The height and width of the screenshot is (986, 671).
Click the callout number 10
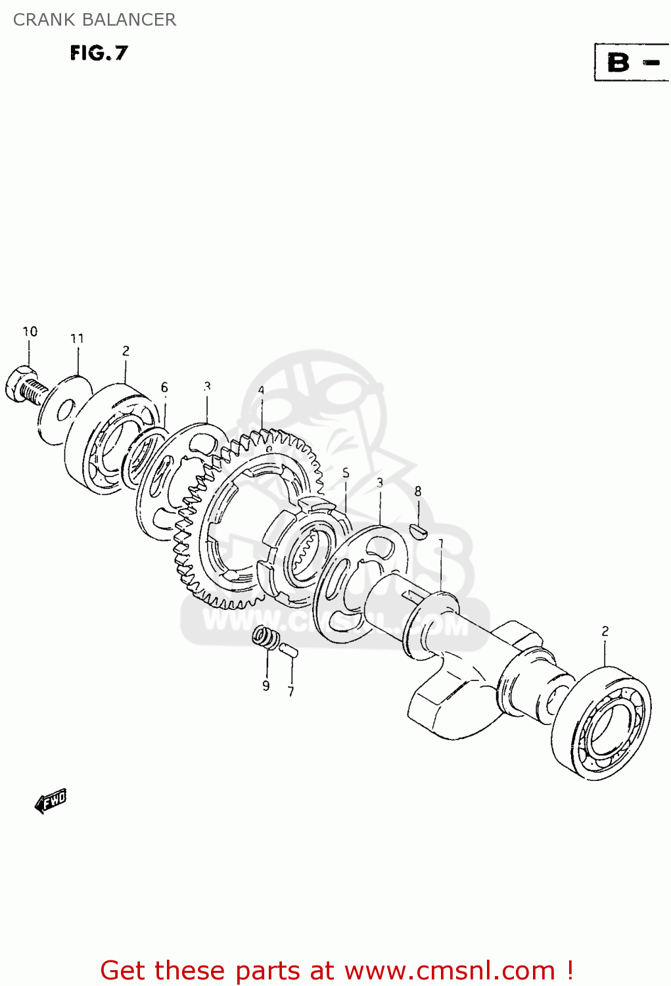pyautogui.click(x=30, y=332)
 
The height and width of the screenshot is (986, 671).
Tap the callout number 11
pyautogui.click(x=78, y=339)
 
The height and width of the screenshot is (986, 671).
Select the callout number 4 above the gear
pyautogui.click(x=261, y=391)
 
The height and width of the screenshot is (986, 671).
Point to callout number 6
pyautogui.click(x=164, y=388)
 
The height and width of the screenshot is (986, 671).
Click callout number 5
pyautogui.click(x=346, y=474)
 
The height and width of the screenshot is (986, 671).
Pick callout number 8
pyautogui.click(x=418, y=492)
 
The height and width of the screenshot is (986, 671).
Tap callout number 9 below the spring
pyautogui.click(x=266, y=686)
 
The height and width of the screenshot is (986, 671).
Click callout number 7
pyautogui.click(x=290, y=692)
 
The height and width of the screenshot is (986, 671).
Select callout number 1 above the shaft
pyautogui.click(x=441, y=544)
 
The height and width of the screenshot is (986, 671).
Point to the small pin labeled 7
pyautogui.click(x=288, y=651)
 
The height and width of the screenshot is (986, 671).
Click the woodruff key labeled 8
pyautogui.click(x=418, y=530)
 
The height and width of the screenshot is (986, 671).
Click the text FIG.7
pyautogui.click(x=99, y=53)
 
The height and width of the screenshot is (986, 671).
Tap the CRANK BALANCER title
pyautogui.click(x=95, y=20)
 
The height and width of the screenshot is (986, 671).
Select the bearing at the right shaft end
pyautogui.click(x=601, y=724)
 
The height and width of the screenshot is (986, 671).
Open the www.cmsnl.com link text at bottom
pyautogui.click(x=450, y=970)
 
